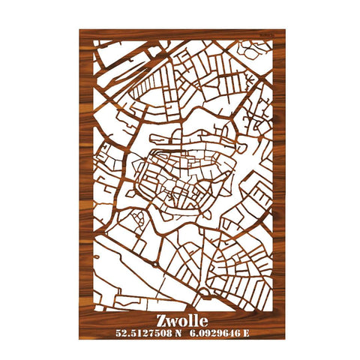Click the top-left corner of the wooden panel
pyautogui.click(x=79, y=30)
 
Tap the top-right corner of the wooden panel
pyautogui.click(x=286, y=30)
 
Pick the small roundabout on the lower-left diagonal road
pyautogui.click(x=154, y=262)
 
